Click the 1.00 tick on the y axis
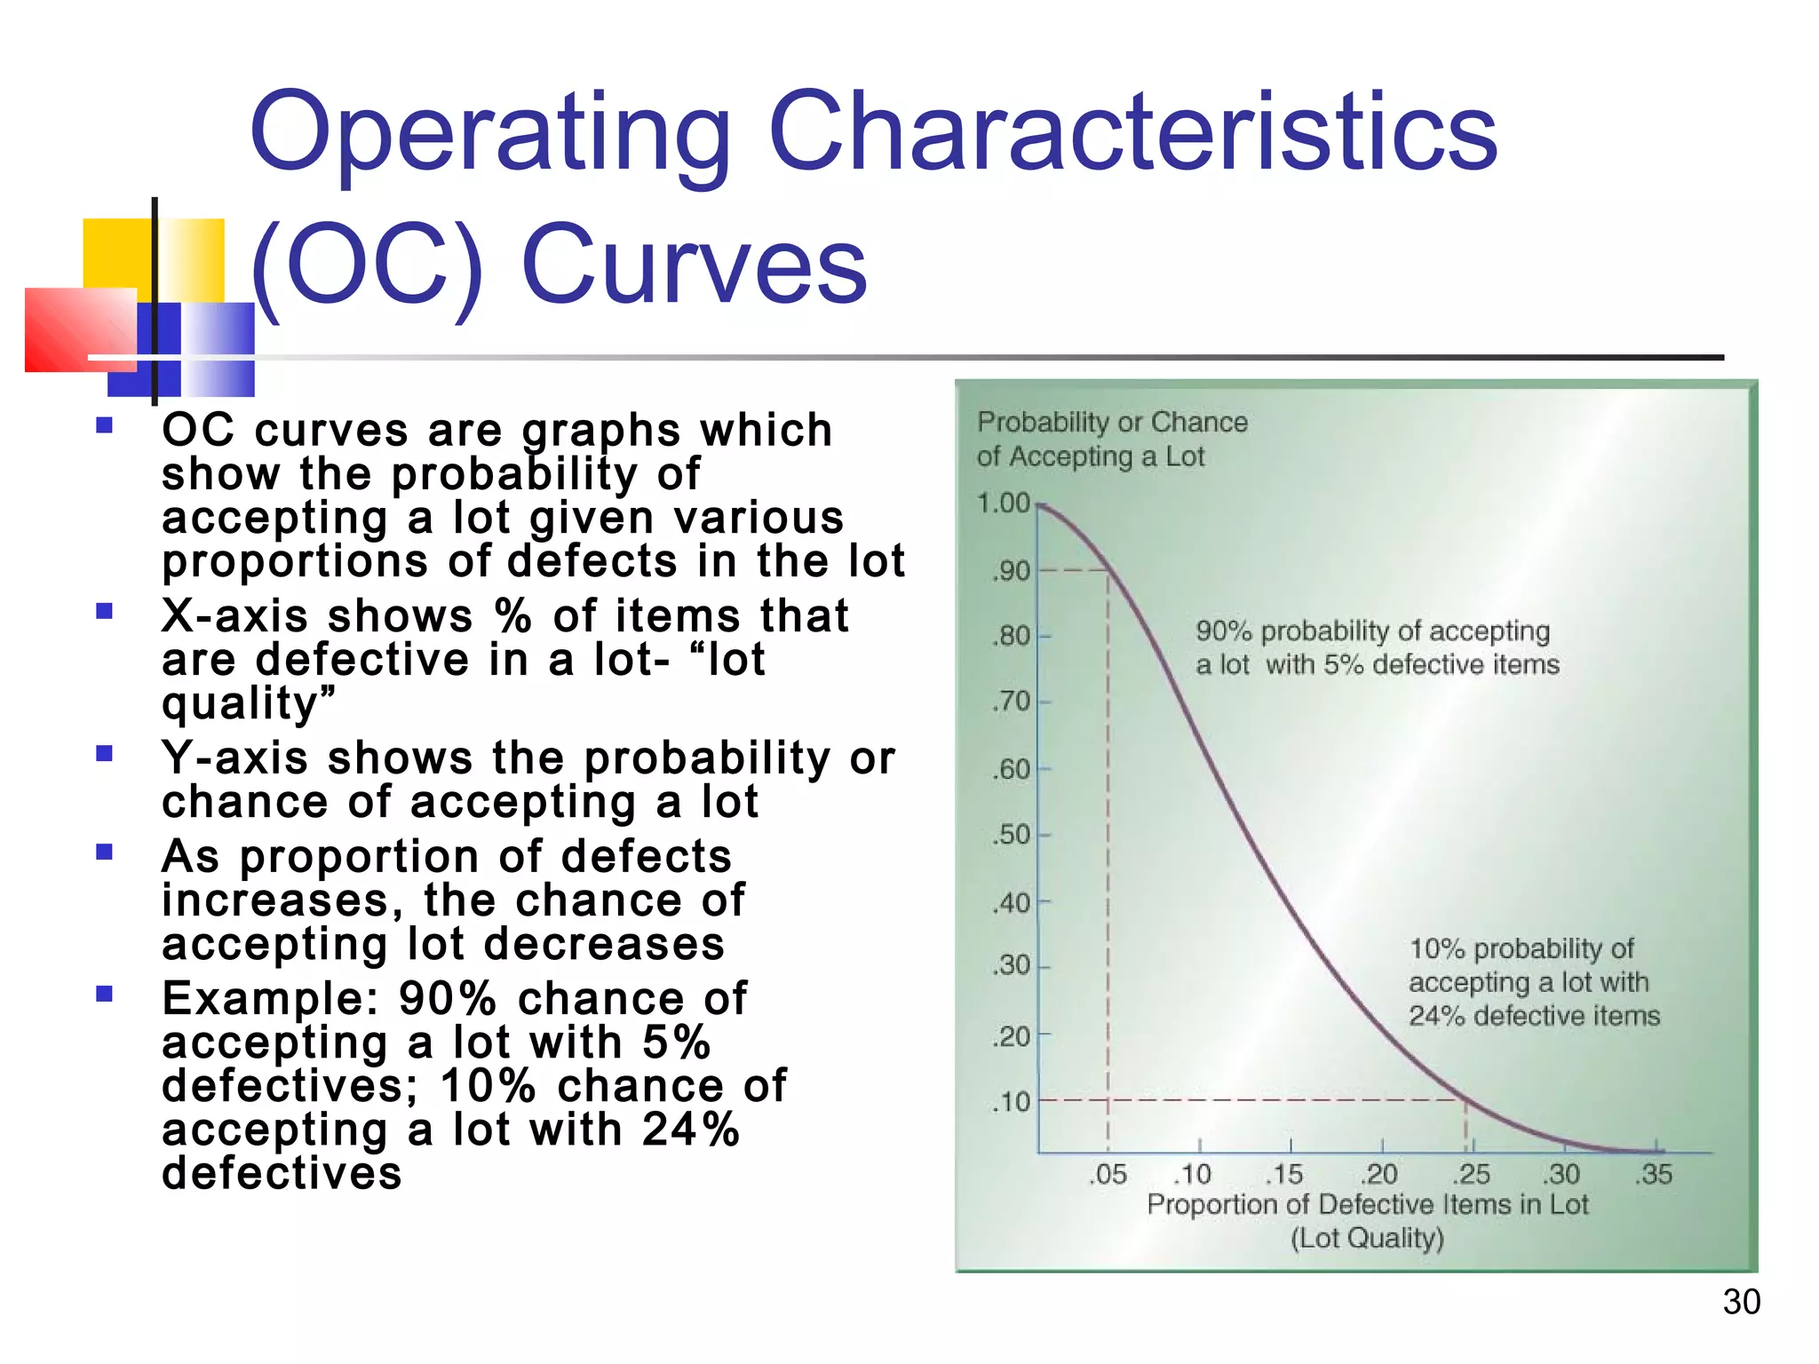pyautogui.click(x=1004, y=504)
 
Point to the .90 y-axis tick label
pyautogui.click(x=1011, y=571)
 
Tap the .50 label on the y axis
pyautogui.click(x=1011, y=836)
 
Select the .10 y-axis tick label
pyautogui.click(x=1011, y=1102)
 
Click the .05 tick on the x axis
pyautogui.click(x=1108, y=1174)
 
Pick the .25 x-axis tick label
pyautogui.click(x=1472, y=1174)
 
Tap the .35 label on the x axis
pyautogui.click(x=1654, y=1174)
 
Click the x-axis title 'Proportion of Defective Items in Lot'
pyautogui.click(x=1367, y=1205)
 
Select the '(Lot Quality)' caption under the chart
pyautogui.click(x=1367, y=1238)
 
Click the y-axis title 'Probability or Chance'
pyautogui.click(x=1112, y=423)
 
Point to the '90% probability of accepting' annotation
pyautogui.click(x=1372, y=631)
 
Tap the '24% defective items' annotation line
pyautogui.click(x=1534, y=1016)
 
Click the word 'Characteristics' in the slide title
pyautogui.click(x=1132, y=133)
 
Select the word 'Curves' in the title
pyautogui.click(x=694, y=265)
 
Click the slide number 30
pyautogui.click(x=1741, y=1302)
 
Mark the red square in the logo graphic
pyautogui.click(x=80, y=329)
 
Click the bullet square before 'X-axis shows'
pyautogui.click(x=105, y=611)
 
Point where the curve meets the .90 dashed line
pyautogui.click(x=1108, y=570)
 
